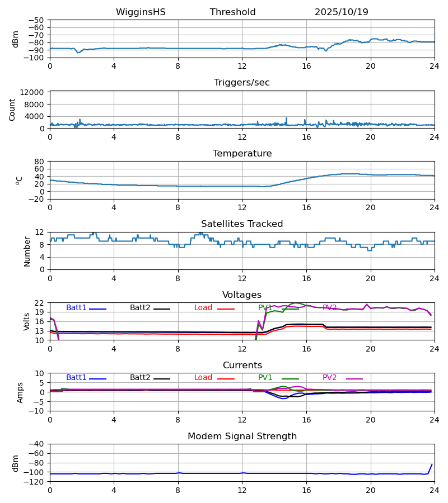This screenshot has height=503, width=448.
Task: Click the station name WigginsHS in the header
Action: (141, 12)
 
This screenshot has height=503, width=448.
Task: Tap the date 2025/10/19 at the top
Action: (341, 12)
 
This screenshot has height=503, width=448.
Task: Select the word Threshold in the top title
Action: (232, 12)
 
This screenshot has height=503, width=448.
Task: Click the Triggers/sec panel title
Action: (241, 83)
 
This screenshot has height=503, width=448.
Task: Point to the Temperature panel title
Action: (242, 154)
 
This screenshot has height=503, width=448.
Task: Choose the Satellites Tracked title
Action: (242, 224)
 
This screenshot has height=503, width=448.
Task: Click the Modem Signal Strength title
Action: (242, 436)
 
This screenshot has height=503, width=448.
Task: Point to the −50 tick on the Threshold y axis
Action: (36, 20)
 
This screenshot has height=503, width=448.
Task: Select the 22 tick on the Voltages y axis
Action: (40, 303)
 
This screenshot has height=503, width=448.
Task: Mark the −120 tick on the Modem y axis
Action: (34, 482)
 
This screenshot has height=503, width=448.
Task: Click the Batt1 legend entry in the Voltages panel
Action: (76, 308)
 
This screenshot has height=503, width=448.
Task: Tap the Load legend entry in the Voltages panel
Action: (204, 308)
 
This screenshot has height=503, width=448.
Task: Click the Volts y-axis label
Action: (27, 321)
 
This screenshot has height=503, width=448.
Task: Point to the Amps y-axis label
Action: (21, 392)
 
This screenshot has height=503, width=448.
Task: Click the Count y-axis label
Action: (12, 110)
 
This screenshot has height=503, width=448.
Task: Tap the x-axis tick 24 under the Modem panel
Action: (434, 490)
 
